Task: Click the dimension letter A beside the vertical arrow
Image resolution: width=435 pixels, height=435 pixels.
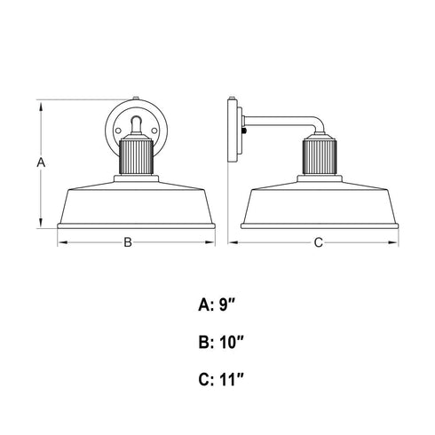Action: pos(41,162)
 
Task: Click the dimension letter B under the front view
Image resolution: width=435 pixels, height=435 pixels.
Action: pos(128,242)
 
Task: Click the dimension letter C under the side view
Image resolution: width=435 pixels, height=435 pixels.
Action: pos(318,242)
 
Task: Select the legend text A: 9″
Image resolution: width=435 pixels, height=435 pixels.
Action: pos(217,305)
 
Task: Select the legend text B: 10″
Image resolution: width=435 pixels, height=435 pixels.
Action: pos(221,343)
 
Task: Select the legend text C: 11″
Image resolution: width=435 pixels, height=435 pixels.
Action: pos(221,380)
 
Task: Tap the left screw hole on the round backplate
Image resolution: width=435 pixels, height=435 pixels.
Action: pos(118,130)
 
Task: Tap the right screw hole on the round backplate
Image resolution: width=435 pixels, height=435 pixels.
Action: pos(154,130)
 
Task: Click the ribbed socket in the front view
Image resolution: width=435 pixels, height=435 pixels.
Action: pos(136,157)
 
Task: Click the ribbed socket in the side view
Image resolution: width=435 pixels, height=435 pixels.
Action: pos(320,157)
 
